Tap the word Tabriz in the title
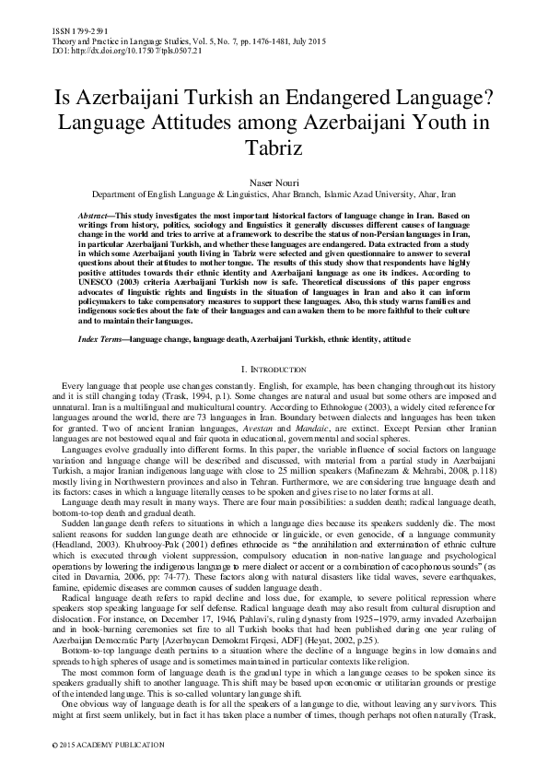274,146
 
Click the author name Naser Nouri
274,184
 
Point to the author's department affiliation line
274,196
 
